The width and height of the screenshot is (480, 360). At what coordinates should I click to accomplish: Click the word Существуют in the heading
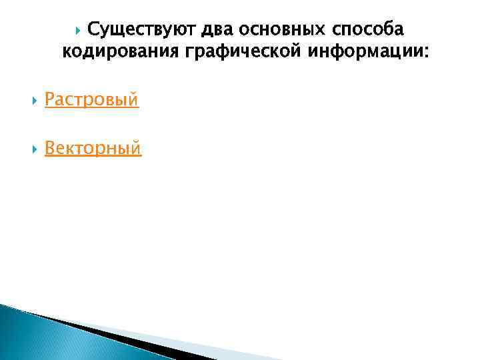click(x=135, y=29)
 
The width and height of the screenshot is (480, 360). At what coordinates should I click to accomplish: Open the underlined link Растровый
click(x=91, y=100)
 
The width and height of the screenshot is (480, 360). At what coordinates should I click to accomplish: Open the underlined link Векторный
click(x=93, y=148)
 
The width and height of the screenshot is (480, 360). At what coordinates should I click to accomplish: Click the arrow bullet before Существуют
click(x=79, y=29)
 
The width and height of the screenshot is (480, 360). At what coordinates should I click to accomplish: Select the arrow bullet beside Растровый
click(x=34, y=101)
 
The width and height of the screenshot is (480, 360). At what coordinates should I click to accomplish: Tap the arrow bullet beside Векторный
click(x=34, y=149)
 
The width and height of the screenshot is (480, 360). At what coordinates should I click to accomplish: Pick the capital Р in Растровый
click(x=50, y=100)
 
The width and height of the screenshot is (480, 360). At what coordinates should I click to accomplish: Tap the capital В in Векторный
click(x=50, y=148)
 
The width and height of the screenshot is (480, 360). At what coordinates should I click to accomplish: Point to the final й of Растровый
click(x=133, y=100)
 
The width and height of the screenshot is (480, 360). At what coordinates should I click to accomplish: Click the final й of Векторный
click(x=136, y=148)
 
